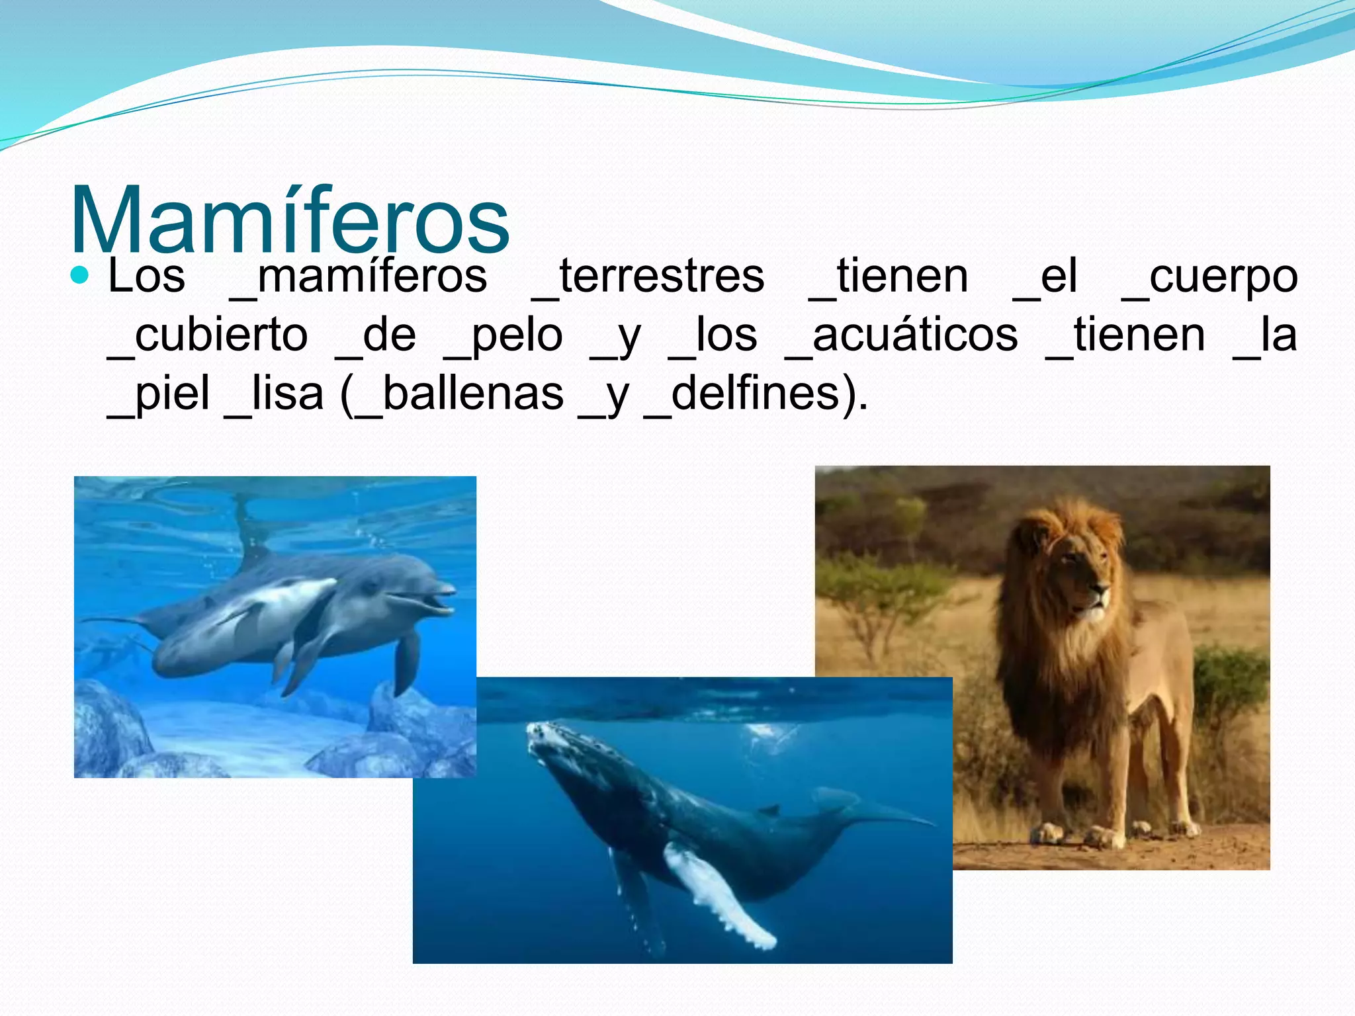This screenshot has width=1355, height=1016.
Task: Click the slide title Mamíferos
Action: coord(290,220)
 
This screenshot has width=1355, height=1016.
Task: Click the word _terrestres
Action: coord(648,276)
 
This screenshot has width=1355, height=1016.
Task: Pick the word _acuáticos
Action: coord(901,335)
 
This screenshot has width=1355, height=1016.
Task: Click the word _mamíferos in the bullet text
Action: coord(358,276)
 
